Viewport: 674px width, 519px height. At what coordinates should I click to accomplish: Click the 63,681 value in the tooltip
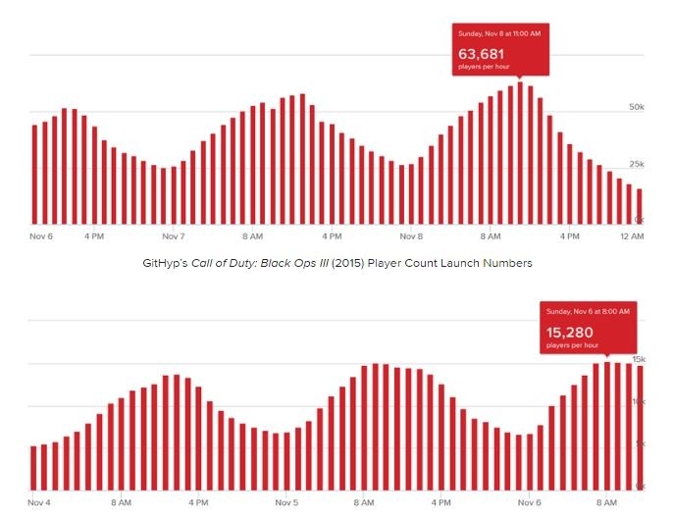pyautogui.click(x=483, y=51)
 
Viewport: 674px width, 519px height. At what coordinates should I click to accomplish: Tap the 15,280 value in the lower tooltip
pyautogui.click(x=569, y=333)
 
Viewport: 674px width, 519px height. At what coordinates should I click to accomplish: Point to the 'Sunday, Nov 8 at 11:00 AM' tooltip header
pyautogui.click(x=498, y=33)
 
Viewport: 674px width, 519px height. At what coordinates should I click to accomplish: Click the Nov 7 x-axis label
pyautogui.click(x=174, y=236)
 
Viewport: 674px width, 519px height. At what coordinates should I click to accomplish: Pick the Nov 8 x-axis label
pyautogui.click(x=412, y=236)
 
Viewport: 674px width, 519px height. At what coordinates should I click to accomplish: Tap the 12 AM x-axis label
pyautogui.click(x=632, y=236)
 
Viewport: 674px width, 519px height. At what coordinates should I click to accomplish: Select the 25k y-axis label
pyautogui.click(x=636, y=163)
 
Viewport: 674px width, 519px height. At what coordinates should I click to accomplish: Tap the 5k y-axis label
pyautogui.click(x=639, y=444)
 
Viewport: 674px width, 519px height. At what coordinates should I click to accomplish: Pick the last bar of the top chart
pyautogui.click(x=640, y=204)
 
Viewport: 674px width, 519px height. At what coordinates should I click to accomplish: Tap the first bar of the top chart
pyautogui.click(x=34, y=172)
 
